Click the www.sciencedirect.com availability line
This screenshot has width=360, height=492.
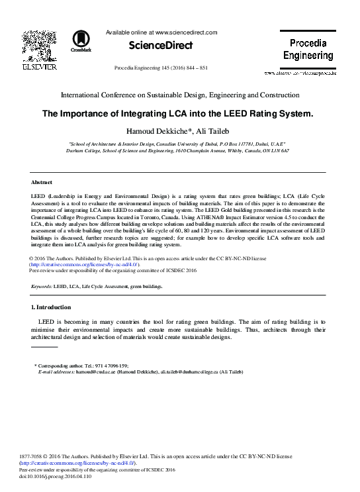click(x=161, y=32)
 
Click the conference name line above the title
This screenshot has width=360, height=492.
click(x=180, y=95)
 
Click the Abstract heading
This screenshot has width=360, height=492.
click(x=42, y=181)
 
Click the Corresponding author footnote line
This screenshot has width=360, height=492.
click(x=81, y=366)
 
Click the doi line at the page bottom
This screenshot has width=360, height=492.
click(x=56, y=475)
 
